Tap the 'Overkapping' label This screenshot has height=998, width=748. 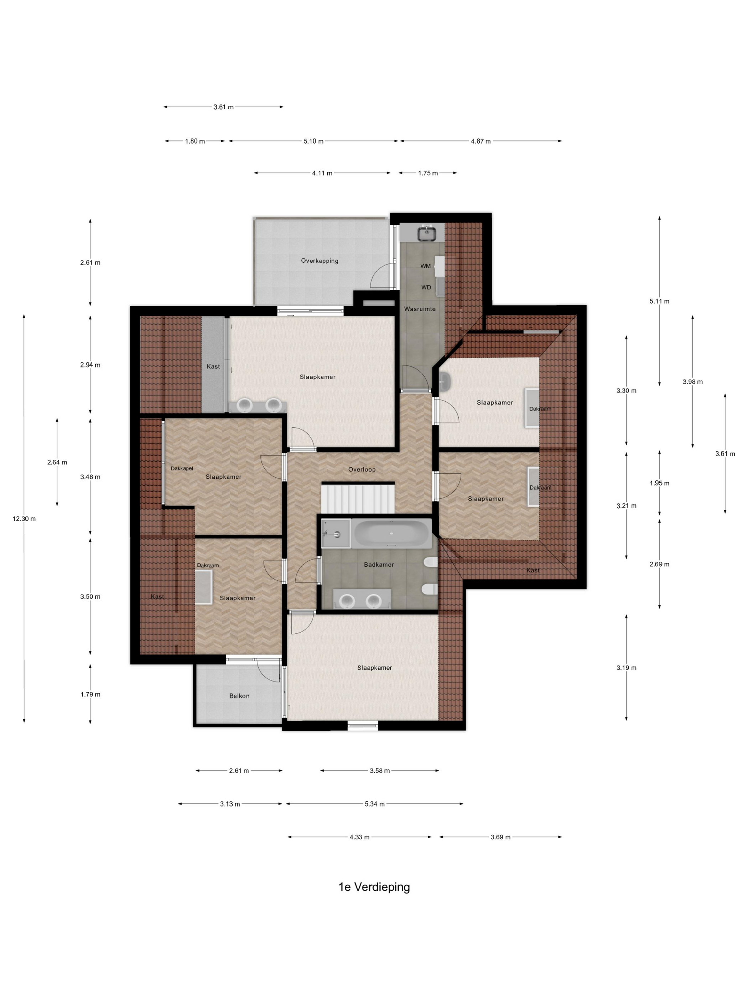[319, 261]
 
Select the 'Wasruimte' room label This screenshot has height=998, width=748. [419, 309]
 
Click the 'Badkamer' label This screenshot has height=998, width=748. [379, 565]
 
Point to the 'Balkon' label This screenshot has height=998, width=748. [239, 696]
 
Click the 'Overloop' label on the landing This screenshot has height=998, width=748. [362, 469]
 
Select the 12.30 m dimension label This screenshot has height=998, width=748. [24, 519]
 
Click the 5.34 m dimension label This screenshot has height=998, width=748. [374, 804]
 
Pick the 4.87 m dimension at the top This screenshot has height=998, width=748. [480, 141]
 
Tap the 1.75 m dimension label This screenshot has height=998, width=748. [427, 173]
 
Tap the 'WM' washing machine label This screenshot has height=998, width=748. [425, 266]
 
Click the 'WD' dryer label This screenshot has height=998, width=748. [426, 287]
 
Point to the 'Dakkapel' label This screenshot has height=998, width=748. [182, 468]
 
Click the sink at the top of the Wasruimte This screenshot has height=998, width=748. [426, 233]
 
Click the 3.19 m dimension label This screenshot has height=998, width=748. [626, 668]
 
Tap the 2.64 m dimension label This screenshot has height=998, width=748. [57, 462]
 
